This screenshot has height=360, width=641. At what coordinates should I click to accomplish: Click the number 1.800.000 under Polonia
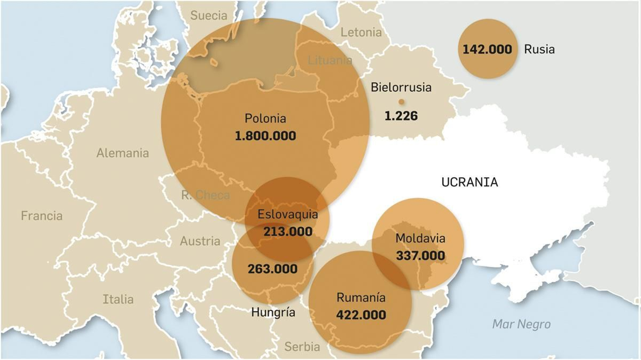[265, 136]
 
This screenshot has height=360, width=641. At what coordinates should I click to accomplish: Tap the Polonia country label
[265, 119]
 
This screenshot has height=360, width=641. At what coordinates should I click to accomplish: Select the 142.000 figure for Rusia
[487, 49]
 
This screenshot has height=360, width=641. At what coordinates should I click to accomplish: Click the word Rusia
[539, 49]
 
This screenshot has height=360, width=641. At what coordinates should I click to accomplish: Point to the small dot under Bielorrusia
[401, 102]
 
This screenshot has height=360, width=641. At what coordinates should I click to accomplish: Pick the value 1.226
[401, 116]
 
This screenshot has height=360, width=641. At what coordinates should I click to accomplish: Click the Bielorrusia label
[401, 87]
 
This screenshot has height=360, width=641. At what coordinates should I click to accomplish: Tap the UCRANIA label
[470, 182]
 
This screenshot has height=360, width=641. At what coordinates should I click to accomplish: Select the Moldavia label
[420, 238]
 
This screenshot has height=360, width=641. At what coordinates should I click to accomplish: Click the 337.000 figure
[420, 255]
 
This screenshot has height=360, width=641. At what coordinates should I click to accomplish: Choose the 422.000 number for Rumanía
[361, 315]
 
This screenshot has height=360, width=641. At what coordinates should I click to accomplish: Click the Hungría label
[273, 312]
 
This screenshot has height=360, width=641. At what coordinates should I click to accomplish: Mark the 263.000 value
[272, 269]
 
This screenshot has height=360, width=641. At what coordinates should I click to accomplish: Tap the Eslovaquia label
[288, 214]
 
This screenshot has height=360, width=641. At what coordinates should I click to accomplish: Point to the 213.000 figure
[288, 231]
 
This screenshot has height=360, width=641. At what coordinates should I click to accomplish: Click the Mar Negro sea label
[521, 324]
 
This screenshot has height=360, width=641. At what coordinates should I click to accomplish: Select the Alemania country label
[123, 153]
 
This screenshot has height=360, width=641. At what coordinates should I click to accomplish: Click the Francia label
[42, 216]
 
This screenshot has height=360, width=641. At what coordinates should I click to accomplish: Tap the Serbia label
[302, 346]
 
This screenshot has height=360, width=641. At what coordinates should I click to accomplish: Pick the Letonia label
[361, 32]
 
